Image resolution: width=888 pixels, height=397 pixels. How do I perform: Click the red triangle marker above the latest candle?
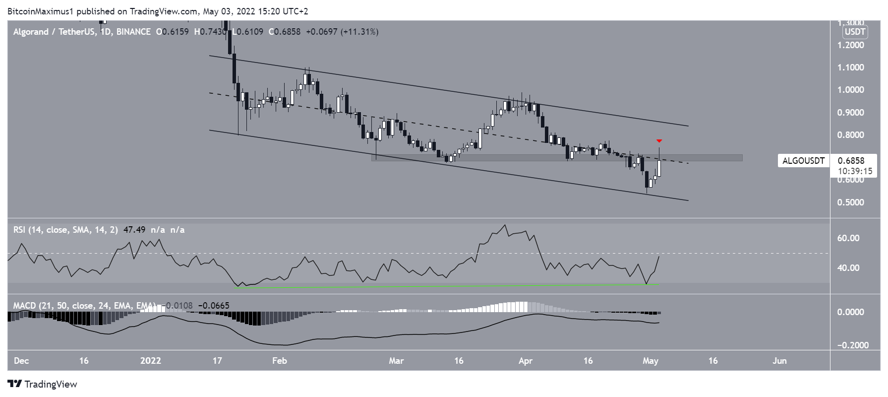pyautogui.click(x=659, y=141)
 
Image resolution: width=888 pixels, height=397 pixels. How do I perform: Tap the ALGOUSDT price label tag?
pyautogui.click(x=803, y=160)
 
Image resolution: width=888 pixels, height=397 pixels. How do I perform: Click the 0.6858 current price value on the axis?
pyautogui.click(x=851, y=160)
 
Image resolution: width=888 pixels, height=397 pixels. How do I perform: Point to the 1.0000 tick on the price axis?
pyautogui.click(x=850, y=90)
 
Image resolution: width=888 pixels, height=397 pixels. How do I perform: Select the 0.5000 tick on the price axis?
pyautogui.click(x=850, y=202)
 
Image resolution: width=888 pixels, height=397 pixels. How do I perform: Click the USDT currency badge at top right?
pyautogui.click(x=855, y=32)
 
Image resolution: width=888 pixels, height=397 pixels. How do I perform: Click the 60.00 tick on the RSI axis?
pyautogui.click(x=848, y=238)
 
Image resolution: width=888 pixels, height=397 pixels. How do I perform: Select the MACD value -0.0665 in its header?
pyautogui.click(x=214, y=305)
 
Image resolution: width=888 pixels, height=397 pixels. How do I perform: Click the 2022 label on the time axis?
pyautogui.click(x=151, y=361)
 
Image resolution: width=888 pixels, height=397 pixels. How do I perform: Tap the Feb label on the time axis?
pyautogui.click(x=280, y=361)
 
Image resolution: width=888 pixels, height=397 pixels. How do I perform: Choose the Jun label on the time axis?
pyautogui.click(x=779, y=361)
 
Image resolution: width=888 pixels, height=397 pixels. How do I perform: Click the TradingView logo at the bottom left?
pyautogui.click(x=43, y=384)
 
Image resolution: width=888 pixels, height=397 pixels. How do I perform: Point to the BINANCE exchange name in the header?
pyautogui.click(x=133, y=32)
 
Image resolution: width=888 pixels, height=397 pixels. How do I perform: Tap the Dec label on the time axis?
pyautogui.click(x=21, y=361)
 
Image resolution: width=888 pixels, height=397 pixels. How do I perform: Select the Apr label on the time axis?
pyautogui.click(x=525, y=361)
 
